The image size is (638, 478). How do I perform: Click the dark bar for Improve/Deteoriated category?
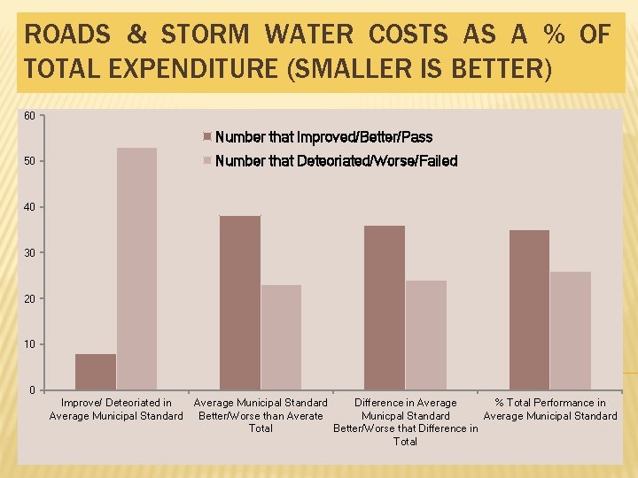click(96, 372)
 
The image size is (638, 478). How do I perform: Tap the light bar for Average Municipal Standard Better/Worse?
click(281, 337)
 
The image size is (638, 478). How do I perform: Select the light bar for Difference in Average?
click(425, 335)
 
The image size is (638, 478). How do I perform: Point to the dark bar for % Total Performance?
click(529, 310)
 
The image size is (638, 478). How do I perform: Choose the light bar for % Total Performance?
click(570, 330)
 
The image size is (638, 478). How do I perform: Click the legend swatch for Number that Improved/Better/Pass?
click(208, 137)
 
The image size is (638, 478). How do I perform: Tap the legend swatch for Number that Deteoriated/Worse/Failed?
click(208, 161)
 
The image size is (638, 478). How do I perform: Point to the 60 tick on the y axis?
click(29, 116)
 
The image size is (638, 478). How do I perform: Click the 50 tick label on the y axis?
click(29, 162)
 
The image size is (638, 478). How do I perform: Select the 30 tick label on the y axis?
click(29, 253)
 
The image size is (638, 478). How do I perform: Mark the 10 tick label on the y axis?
click(29, 344)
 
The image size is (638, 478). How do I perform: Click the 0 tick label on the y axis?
click(32, 390)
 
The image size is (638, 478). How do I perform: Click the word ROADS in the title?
click(66, 35)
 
